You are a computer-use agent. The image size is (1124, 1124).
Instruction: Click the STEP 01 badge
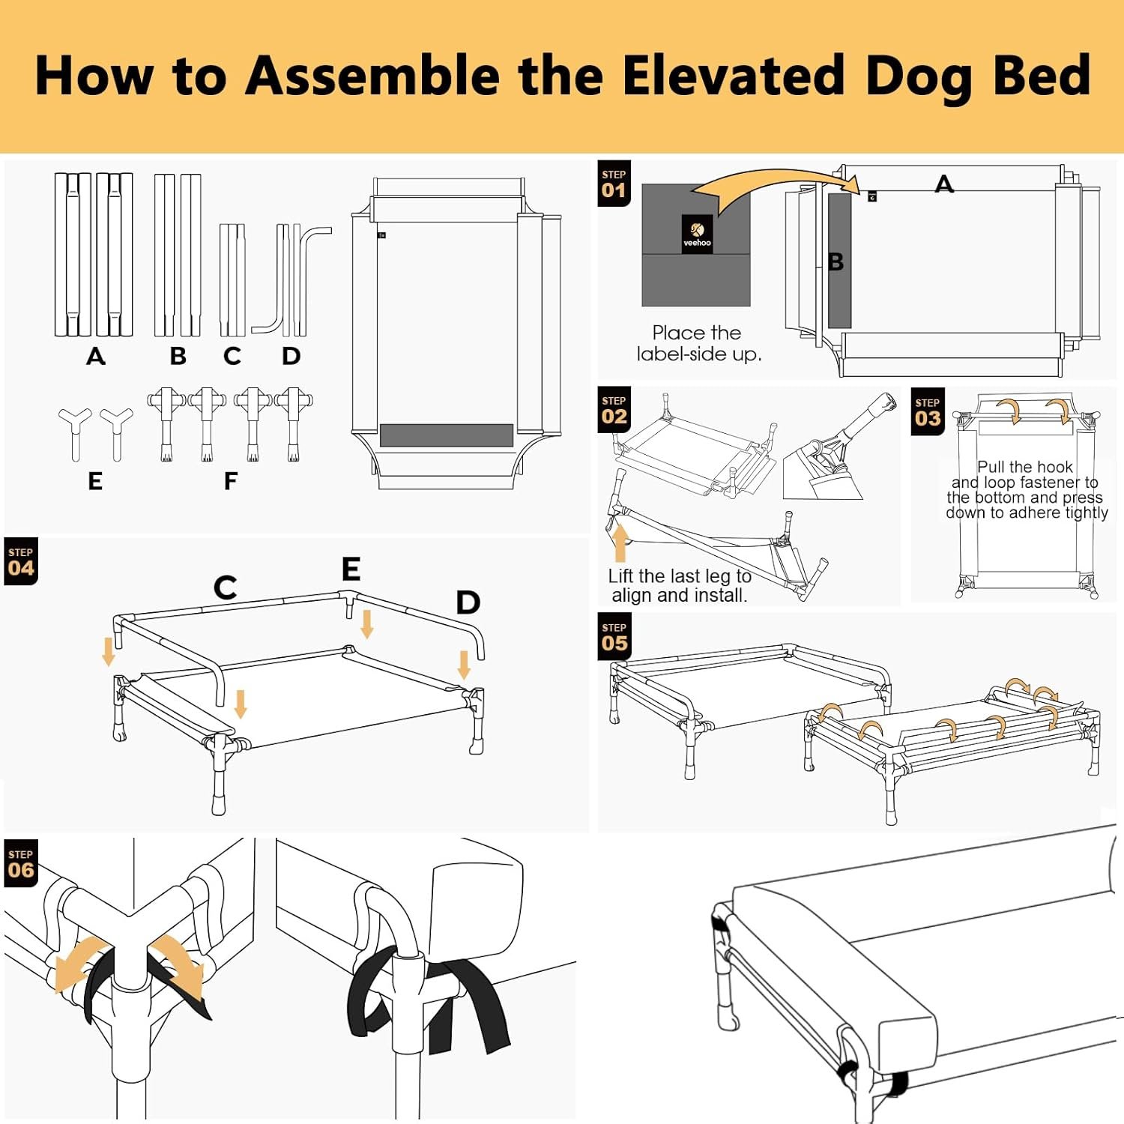coord(614,184)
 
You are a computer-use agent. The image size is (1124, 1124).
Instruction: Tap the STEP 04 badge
coord(21,561)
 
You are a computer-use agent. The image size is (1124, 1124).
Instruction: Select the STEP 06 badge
coord(21,863)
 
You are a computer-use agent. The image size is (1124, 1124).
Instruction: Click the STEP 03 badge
coord(928,411)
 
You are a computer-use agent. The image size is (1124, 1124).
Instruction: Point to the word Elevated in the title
coord(733,75)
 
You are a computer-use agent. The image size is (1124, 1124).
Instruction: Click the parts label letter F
coord(231,481)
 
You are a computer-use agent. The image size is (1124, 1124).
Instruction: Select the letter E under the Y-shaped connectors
coord(95,481)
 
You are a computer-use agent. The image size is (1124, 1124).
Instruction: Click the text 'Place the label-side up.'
coord(698,343)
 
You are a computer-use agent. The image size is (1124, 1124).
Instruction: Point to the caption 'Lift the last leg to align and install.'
coord(680,586)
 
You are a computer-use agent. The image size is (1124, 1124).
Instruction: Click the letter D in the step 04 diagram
coord(468,602)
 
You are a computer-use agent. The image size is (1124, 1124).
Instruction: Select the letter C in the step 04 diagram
coord(226,587)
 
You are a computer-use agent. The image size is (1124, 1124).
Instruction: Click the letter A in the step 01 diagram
coord(944,184)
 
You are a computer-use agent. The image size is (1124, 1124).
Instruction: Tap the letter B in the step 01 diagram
coord(836,262)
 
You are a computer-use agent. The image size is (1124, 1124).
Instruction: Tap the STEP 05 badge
coord(614,637)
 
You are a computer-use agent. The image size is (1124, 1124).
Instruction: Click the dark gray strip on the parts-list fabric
coord(447,435)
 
